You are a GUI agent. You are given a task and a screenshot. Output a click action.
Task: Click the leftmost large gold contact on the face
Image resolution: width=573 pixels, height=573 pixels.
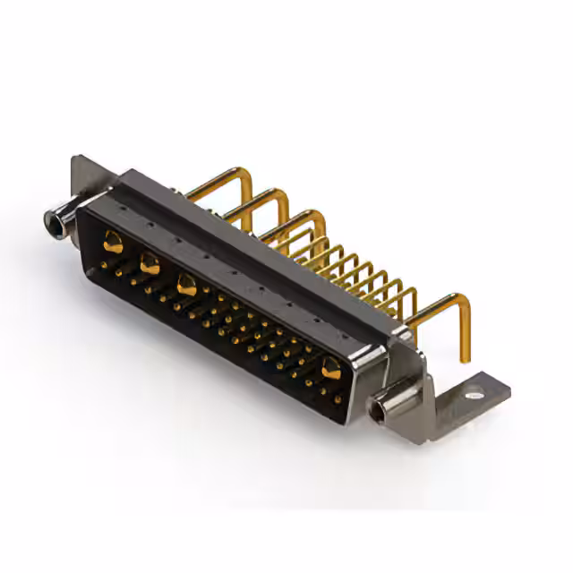pos(113,240)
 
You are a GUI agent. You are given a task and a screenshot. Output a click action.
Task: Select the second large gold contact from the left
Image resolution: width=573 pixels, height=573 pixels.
pos(150,263)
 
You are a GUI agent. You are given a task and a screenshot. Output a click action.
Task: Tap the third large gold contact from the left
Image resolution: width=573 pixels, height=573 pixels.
pos(187,285)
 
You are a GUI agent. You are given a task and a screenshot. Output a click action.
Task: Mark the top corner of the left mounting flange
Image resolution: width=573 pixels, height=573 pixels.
pos(78,159)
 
